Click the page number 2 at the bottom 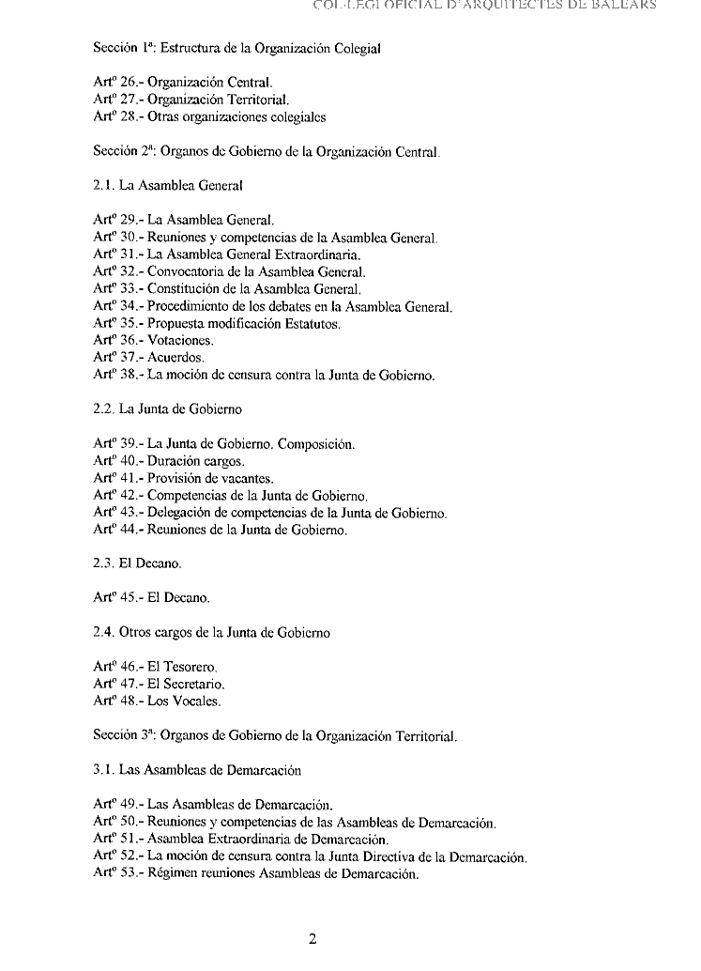(313, 940)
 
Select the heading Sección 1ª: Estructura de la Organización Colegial (236, 47)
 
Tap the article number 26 (129, 83)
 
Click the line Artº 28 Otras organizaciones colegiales (209, 117)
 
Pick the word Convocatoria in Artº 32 (185, 272)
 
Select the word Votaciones (181, 341)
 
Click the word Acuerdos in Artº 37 (175, 358)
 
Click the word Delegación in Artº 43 (180, 514)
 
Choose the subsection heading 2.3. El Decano (137, 564)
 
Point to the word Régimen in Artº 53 (173, 874)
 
